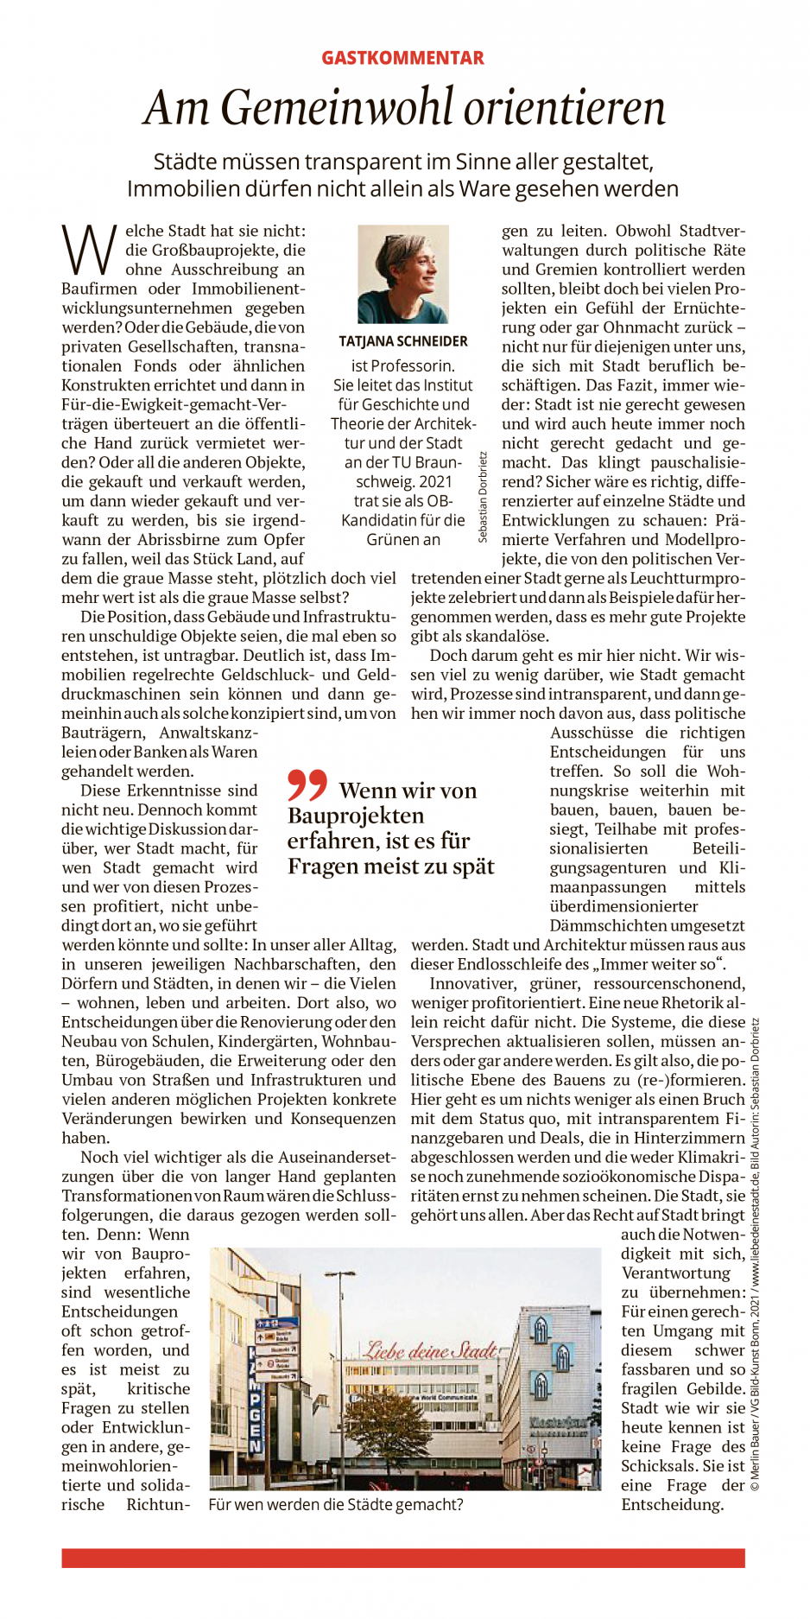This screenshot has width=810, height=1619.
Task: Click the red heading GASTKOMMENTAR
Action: coord(402,58)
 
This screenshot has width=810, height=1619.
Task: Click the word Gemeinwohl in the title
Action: coord(337,108)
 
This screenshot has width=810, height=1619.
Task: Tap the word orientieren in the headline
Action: coord(565,108)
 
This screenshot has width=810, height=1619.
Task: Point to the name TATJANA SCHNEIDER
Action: coord(403,341)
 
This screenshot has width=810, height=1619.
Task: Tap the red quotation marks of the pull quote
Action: coord(307,784)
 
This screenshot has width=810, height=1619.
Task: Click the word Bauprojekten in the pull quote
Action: coord(356,816)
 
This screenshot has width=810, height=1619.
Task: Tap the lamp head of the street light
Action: coord(339,1274)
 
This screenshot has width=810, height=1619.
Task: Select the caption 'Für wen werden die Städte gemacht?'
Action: coord(336,1504)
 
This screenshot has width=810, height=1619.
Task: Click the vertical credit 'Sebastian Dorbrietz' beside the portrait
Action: coord(482,497)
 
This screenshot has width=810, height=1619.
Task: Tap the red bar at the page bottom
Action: coord(402,1558)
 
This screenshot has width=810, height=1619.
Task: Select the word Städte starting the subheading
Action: coord(184,162)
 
